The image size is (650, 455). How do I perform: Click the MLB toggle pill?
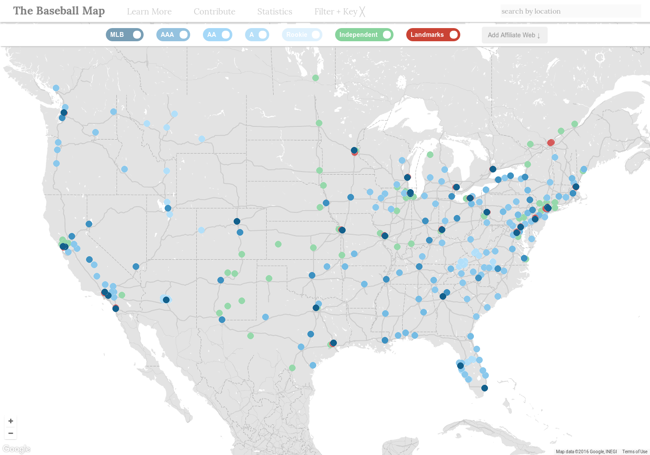click(124, 35)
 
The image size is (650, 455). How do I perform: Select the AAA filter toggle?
click(173, 35)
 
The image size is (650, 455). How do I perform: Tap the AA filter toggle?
click(217, 35)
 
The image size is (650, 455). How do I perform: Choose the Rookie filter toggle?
click(302, 35)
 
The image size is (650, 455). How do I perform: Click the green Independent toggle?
click(364, 35)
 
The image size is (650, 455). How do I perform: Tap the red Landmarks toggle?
click(433, 35)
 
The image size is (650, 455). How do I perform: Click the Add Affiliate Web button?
click(514, 35)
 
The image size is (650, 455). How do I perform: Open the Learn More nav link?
click(149, 11)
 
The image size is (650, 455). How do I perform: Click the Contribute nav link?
click(214, 11)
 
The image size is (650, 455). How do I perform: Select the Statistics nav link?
click(274, 11)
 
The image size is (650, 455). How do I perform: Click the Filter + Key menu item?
click(339, 11)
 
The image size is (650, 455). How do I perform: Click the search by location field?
click(570, 11)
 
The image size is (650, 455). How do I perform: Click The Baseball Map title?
click(59, 11)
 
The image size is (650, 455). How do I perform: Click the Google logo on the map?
click(16, 449)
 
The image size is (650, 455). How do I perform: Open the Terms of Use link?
click(634, 451)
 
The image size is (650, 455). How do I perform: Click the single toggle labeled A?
click(257, 35)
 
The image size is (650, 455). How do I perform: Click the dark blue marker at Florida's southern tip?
click(484, 388)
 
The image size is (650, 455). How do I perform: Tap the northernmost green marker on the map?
click(315, 78)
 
